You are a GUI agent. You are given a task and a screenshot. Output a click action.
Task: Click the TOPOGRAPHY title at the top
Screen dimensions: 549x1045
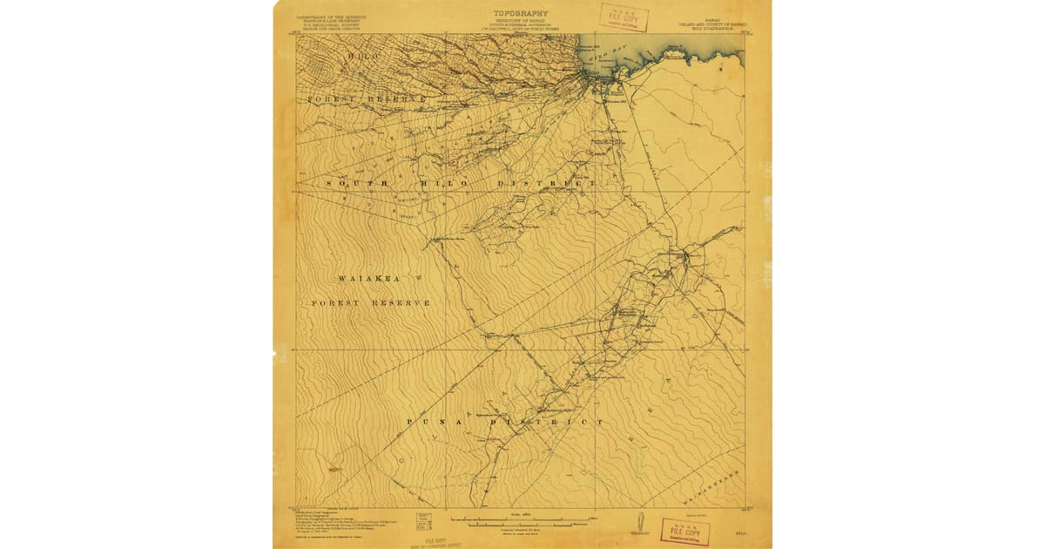pyautogui.click(x=522, y=13)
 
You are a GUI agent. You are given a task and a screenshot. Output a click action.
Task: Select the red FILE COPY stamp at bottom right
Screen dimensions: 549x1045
pyautogui.click(x=684, y=531)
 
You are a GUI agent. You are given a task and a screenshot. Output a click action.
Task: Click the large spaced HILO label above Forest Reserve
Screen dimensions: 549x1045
pyautogui.click(x=363, y=57)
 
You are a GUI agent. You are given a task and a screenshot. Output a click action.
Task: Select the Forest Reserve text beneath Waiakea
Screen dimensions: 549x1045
pyautogui.click(x=371, y=302)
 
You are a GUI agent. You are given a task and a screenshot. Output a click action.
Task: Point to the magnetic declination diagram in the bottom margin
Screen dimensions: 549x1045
pyautogui.click(x=639, y=525)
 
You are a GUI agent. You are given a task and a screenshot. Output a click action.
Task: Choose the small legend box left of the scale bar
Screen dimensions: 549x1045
pyautogui.click(x=423, y=521)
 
